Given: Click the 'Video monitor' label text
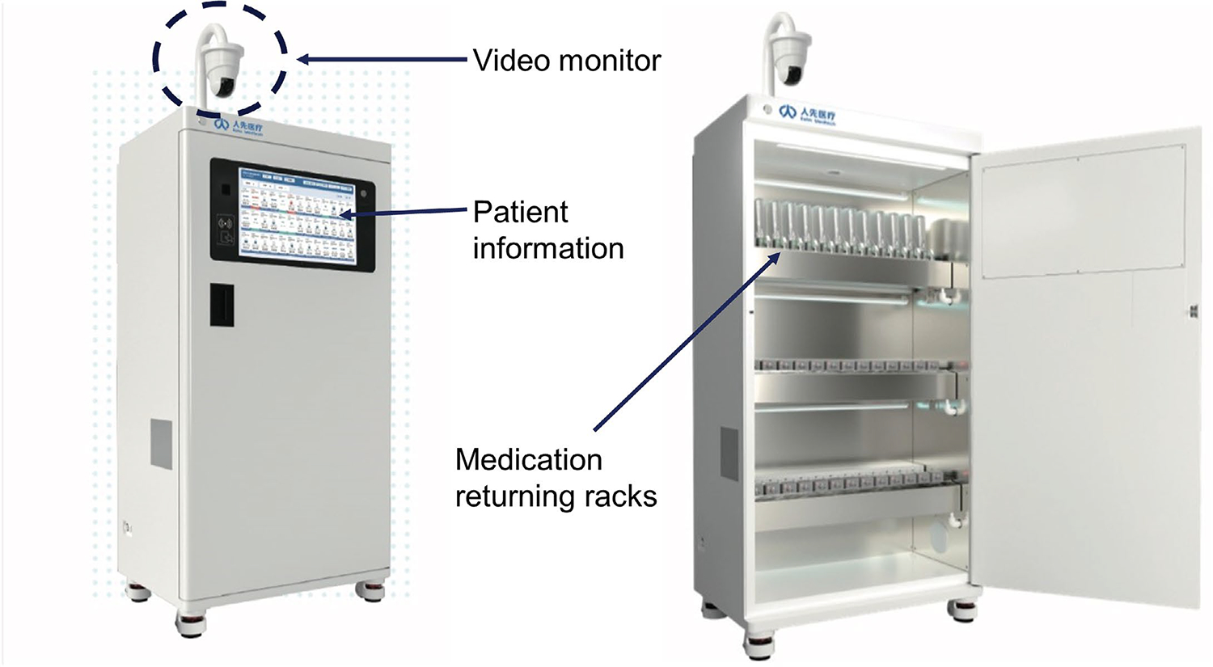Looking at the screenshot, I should [566, 61].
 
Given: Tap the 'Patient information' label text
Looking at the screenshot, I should [547, 230].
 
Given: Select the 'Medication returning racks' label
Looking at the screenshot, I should [556, 477].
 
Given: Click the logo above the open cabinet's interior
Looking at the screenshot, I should [806, 114].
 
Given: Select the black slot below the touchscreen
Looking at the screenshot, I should [222, 305].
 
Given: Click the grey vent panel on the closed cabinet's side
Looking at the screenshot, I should [161, 444].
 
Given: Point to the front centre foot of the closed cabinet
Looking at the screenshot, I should [189, 623].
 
